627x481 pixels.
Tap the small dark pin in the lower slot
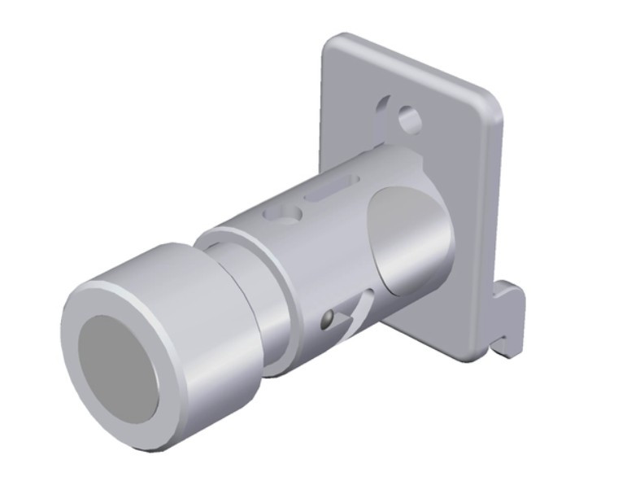pos(328,318)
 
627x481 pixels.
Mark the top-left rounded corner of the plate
pos(333,45)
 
